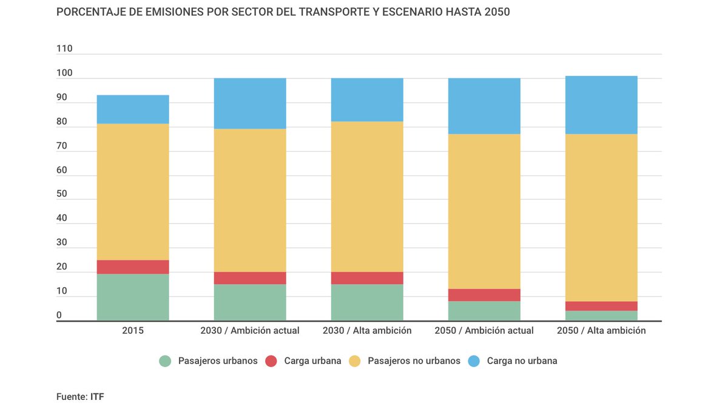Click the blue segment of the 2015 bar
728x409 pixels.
133,109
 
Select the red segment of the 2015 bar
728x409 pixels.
133,267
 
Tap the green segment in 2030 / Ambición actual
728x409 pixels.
250,302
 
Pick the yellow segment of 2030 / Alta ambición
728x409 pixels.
367,197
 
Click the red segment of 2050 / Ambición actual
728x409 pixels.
484,295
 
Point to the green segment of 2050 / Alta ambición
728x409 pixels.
601,316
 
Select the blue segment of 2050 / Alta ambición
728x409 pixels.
601,105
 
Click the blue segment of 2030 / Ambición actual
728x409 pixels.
250,103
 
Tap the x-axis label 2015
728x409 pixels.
133,331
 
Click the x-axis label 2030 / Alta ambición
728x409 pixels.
367,331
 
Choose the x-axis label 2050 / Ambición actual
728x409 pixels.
484,331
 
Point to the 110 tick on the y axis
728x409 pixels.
64,49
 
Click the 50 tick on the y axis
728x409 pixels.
62,194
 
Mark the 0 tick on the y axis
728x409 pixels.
59,315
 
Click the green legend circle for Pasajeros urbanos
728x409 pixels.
166,361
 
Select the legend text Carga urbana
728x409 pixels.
312,361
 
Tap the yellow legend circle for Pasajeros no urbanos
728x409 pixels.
356,361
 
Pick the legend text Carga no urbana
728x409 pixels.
522,361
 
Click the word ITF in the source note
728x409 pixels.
98,397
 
